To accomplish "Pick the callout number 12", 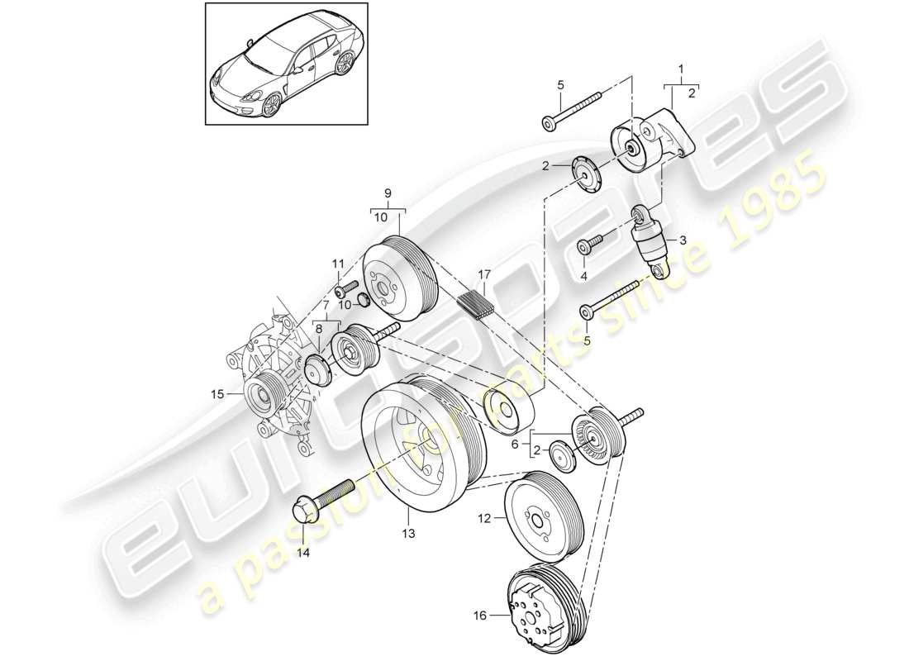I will pyautogui.click(x=483, y=518).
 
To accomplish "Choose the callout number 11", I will pyautogui.click(x=337, y=264).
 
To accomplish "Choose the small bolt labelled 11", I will pyautogui.click(x=345, y=290).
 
